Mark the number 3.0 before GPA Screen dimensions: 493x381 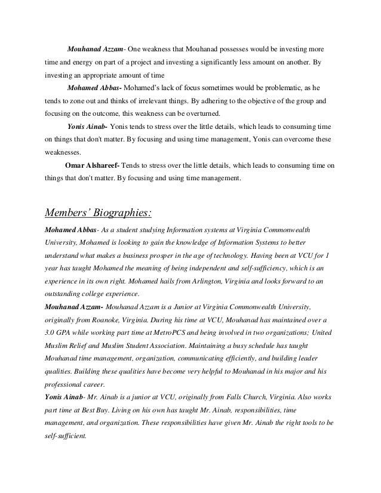point(52,331)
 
